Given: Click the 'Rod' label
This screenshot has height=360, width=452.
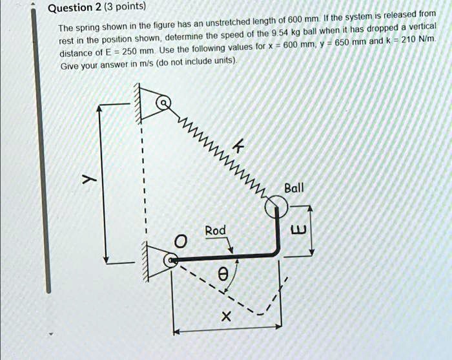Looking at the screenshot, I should tap(215, 230).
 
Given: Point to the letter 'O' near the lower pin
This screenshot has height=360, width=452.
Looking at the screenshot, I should tap(182, 242).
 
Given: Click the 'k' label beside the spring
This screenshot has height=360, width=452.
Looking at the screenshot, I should tap(238, 149).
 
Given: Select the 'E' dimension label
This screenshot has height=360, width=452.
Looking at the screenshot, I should tap(298, 229).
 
